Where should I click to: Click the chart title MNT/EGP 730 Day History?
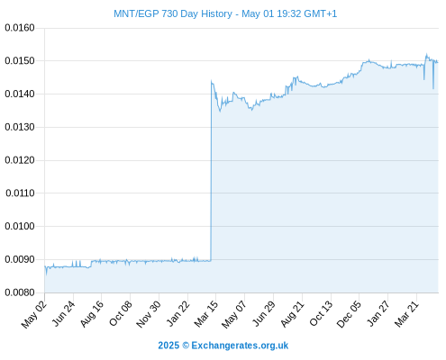click(x=173, y=13)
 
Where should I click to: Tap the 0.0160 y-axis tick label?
click(x=20, y=28)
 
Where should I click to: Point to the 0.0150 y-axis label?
click(x=20, y=61)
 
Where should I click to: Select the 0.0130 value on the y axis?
click(x=20, y=127)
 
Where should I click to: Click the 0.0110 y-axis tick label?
click(x=20, y=193)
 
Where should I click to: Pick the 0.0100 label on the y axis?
click(x=20, y=226)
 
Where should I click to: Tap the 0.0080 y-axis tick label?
click(x=20, y=292)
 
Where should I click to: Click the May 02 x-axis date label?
click(x=34, y=314)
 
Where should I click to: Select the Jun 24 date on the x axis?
click(x=63, y=313)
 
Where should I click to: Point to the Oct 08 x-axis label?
click(x=121, y=313)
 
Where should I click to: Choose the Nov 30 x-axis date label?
click(x=149, y=314)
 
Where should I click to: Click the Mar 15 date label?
click(x=206, y=314)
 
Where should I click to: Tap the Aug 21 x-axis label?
click(x=293, y=314)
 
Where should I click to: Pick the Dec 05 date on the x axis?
click(x=349, y=314)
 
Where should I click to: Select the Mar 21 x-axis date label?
click(x=406, y=314)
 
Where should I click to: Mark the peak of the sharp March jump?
click(x=212, y=80)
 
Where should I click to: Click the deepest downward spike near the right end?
click(x=433, y=88)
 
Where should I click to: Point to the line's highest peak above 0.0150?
click(x=426, y=54)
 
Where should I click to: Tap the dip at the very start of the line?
click(x=46, y=274)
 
